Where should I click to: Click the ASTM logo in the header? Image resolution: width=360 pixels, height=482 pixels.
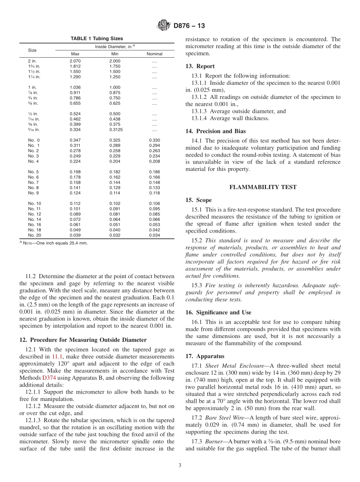(163, 26)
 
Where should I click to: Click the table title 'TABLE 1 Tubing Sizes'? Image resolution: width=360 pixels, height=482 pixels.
(97, 39)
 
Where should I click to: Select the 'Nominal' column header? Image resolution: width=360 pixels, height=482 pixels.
(154, 54)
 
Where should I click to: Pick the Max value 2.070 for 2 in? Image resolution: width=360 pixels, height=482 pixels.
(75, 61)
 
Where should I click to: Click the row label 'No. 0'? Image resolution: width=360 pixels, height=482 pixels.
(34, 140)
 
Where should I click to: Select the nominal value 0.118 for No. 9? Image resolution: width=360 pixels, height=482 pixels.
(154, 193)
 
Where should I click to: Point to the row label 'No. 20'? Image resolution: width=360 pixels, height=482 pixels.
(34, 235)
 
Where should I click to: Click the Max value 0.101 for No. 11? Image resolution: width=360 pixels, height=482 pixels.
(75, 209)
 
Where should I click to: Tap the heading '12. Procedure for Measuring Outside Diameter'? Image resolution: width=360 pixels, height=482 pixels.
(83, 340)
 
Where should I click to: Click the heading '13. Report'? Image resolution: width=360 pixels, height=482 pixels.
(200, 66)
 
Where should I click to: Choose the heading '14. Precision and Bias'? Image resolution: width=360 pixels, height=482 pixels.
(216, 131)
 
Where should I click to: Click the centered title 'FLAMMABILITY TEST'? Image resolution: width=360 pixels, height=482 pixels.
(263, 187)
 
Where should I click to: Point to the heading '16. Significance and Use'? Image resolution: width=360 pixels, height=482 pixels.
(218, 313)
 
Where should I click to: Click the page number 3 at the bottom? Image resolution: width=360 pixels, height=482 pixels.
(180, 466)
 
